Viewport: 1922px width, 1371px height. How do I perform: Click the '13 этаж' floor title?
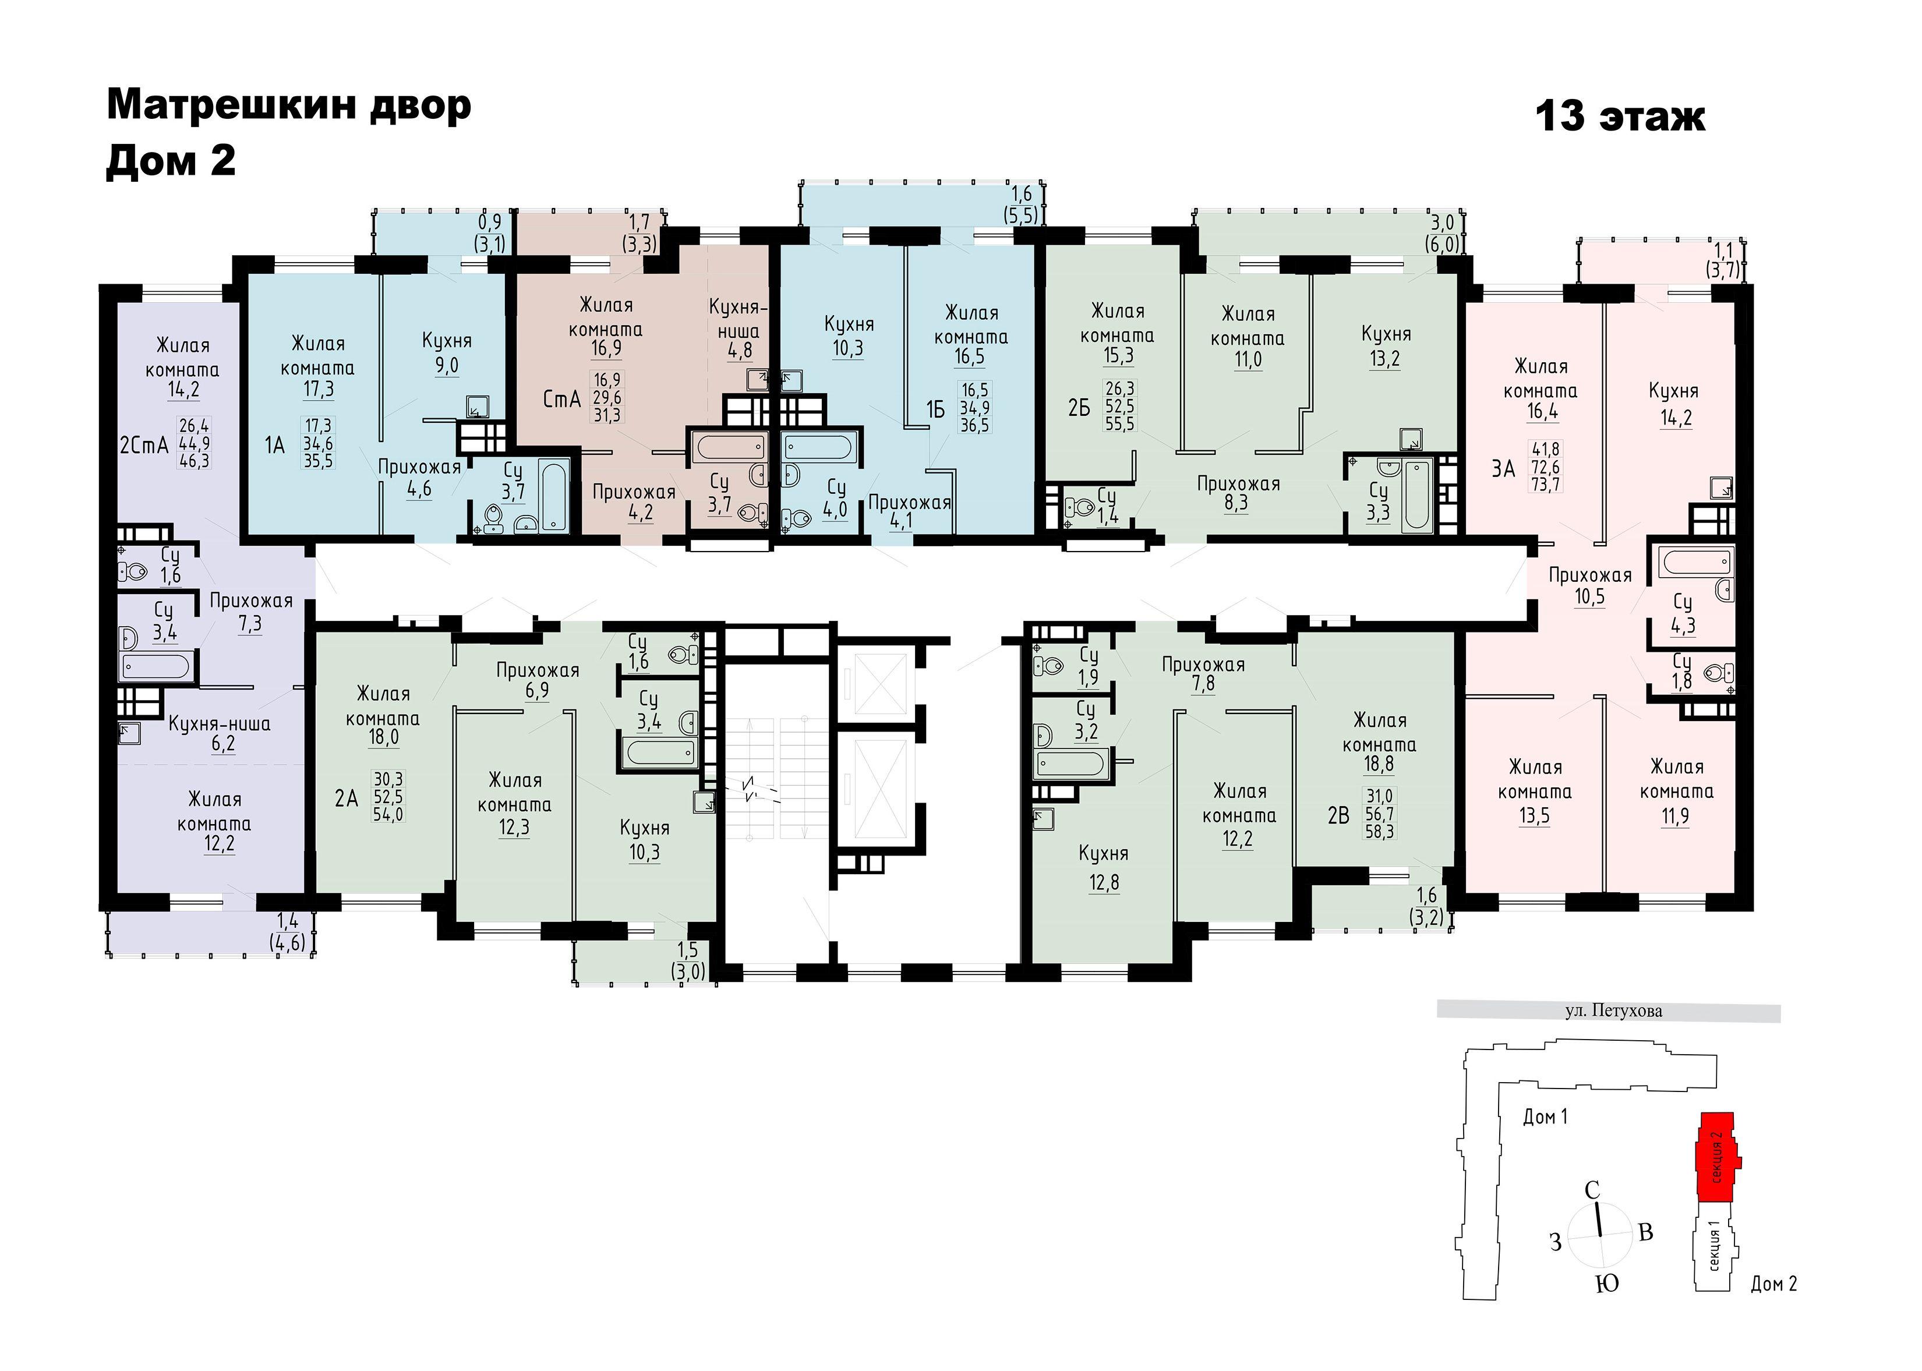click(x=1620, y=116)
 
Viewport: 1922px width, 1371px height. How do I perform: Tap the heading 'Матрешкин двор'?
click(x=289, y=105)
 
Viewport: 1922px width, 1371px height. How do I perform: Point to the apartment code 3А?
click(x=1503, y=468)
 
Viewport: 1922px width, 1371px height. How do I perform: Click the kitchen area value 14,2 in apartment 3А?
click(x=1676, y=418)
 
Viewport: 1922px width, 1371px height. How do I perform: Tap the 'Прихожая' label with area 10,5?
click(x=1590, y=575)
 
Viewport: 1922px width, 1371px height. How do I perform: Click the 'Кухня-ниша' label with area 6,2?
click(x=220, y=723)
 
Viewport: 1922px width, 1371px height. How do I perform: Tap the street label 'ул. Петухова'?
click(x=1613, y=1010)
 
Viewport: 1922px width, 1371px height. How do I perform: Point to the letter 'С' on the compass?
click(x=1592, y=1190)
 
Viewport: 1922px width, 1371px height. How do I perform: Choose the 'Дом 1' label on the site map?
click(x=1545, y=1117)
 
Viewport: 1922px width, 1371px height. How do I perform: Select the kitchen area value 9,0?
click(x=447, y=366)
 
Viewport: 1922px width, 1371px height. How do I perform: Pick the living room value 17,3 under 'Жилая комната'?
click(x=317, y=389)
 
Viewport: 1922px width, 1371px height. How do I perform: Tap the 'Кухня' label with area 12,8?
click(x=1103, y=853)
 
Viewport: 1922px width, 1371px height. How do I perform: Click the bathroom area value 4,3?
click(x=1682, y=626)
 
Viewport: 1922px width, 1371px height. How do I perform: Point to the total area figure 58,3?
click(x=1379, y=832)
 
